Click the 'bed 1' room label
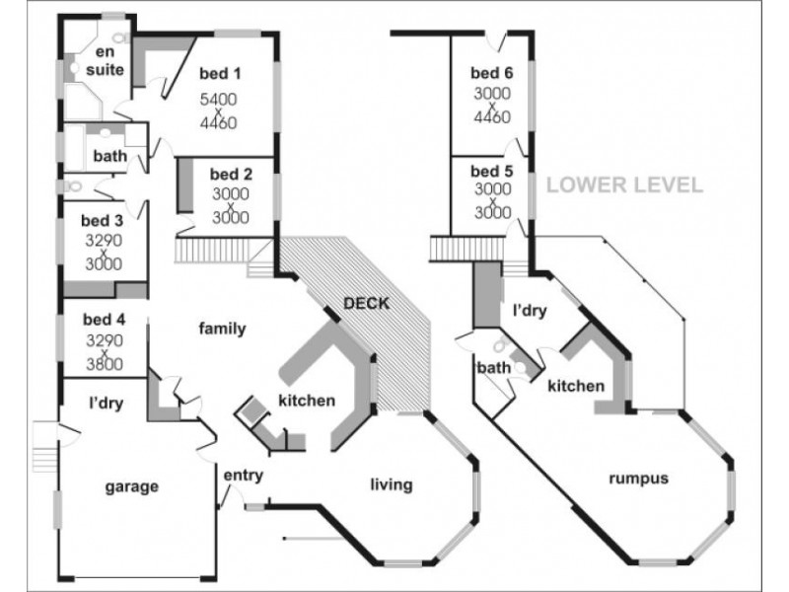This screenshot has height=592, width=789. (x=220, y=73)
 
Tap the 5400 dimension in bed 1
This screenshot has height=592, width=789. (x=218, y=100)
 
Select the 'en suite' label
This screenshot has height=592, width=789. (x=105, y=60)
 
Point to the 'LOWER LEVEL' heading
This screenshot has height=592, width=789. (x=624, y=185)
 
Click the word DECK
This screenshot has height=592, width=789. (x=366, y=304)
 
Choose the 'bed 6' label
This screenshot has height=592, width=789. (x=491, y=73)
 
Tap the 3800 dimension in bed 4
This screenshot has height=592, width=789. (x=105, y=363)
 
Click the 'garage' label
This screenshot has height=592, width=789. (x=132, y=486)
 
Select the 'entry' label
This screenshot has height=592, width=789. (x=243, y=476)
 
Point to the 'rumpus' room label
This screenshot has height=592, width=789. (x=638, y=479)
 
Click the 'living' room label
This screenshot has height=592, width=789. (x=392, y=484)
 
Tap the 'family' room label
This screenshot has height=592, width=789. (x=223, y=329)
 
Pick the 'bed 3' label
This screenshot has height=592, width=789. (x=102, y=220)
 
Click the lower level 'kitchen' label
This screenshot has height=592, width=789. (x=576, y=386)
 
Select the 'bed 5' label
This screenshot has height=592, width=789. (x=491, y=171)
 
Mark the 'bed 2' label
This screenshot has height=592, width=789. (x=231, y=175)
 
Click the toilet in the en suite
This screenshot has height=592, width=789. (x=119, y=37)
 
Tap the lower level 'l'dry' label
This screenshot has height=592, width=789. (x=530, y=311)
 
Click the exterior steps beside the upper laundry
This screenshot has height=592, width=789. (x=45, y=447)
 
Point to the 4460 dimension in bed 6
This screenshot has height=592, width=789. (x=492, y=116)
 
